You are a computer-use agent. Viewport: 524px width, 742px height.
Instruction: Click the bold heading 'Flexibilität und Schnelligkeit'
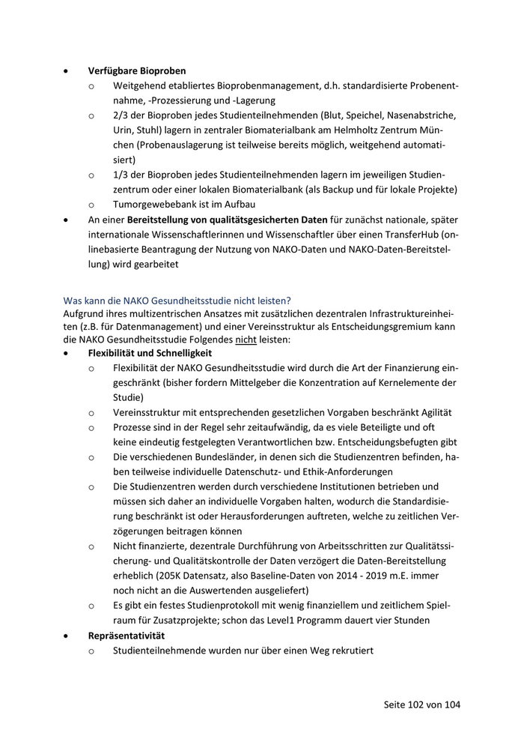pyautogui.click(x=150, y=352)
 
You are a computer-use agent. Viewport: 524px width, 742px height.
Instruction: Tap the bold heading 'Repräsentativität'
pyautogui.click(x=127, y=636)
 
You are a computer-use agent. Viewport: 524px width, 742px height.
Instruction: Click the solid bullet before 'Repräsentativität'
pyautogui.click(x=68, y=636)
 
